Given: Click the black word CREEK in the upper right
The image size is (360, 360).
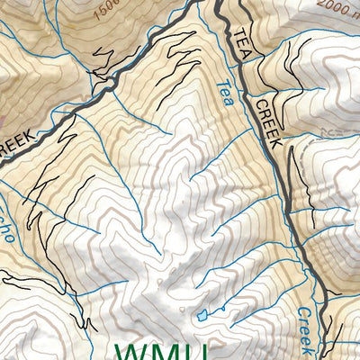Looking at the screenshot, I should click(268, 122).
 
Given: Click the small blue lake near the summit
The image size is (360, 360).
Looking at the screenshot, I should click(202, 314).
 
